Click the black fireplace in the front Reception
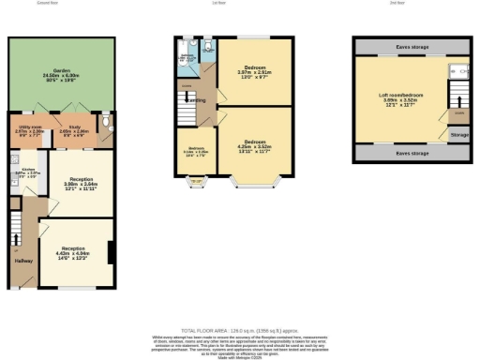point(111,251)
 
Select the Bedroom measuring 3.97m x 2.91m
point(254,72)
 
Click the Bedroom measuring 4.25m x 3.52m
point(253,146)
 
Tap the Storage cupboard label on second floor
point(460,134)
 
